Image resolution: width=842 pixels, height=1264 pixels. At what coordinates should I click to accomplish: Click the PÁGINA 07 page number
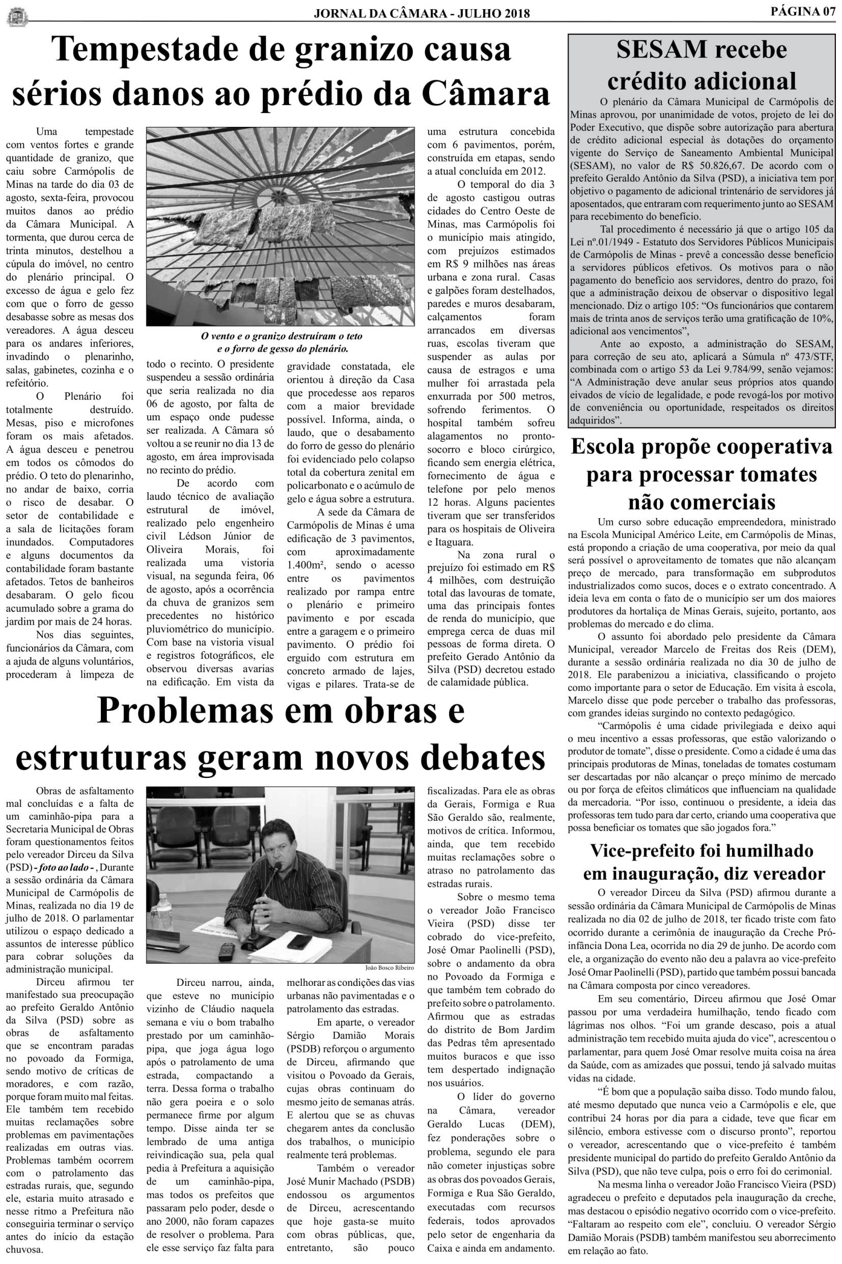pyautogui.click(x=803, y=12)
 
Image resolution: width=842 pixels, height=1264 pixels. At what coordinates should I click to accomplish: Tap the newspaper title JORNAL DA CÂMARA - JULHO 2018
pyautogui.click(x=422, y=13)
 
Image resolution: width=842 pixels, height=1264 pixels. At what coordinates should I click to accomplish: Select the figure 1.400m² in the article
pyautogui.click(x=304, y=565)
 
